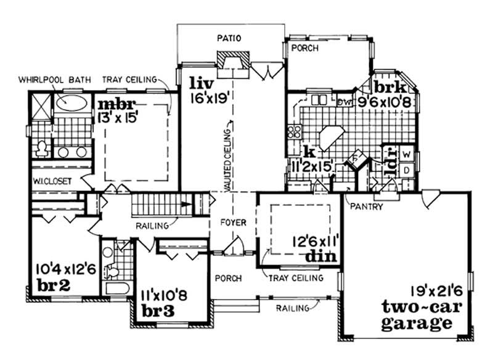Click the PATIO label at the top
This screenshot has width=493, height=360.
(x=231, y=39)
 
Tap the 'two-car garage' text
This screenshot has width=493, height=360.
(x=417, y=314)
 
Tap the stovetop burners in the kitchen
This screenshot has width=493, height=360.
(x=293, y=131)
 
